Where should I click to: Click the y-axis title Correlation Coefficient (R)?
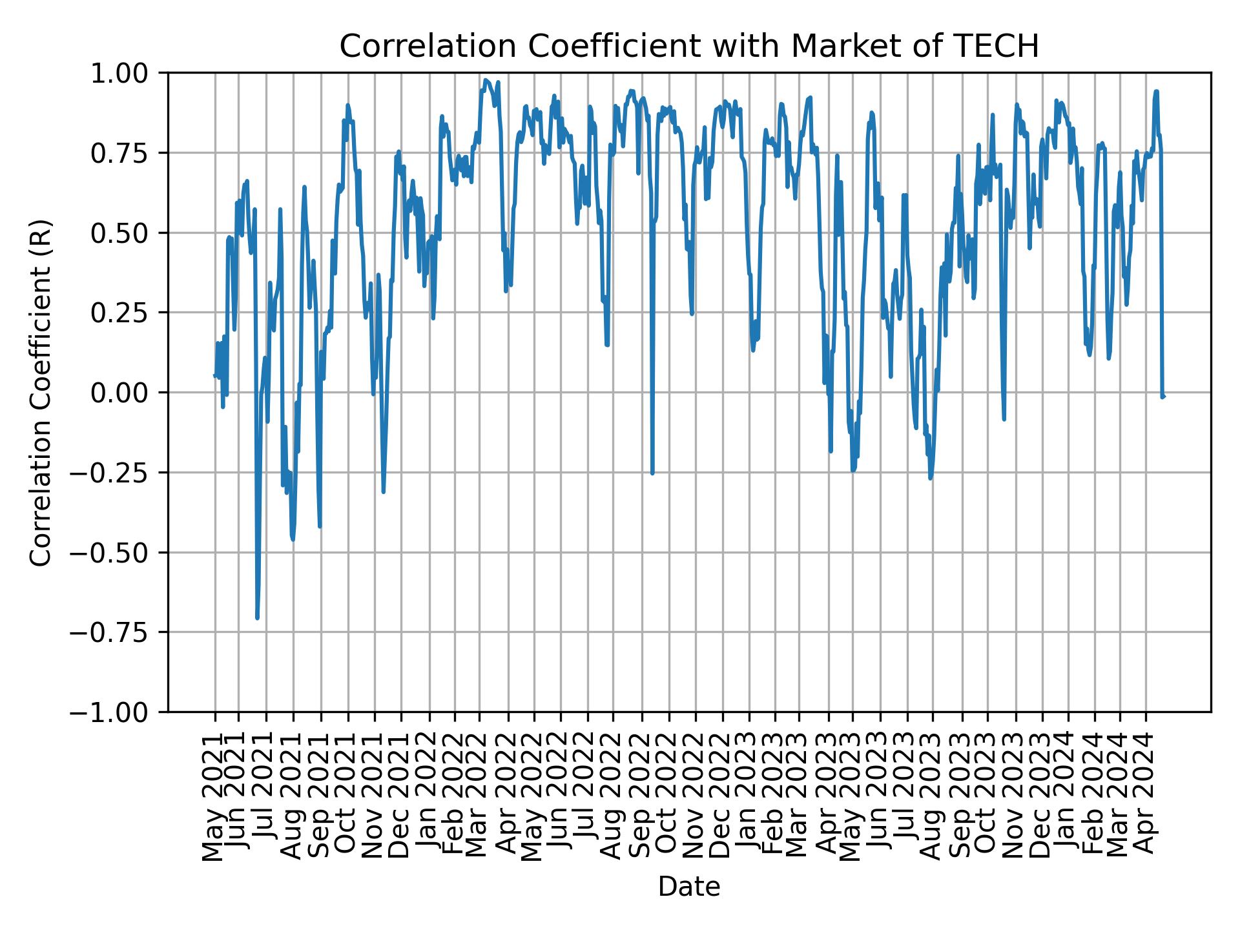[x=41, y=393]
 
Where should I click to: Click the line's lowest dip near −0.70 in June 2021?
[x=257, y=618]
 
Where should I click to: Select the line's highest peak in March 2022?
[x=486, y=80]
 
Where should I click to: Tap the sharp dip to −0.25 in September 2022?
[x=652, y=473]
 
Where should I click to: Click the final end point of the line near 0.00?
[x=1163, y=396]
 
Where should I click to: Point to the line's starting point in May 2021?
[x=214, y=375]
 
